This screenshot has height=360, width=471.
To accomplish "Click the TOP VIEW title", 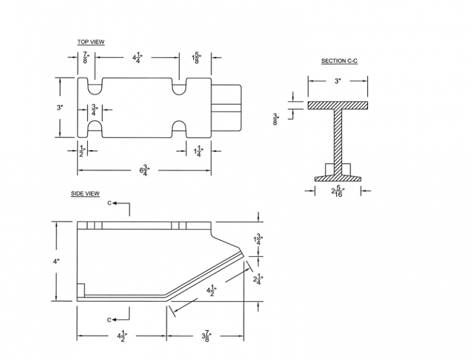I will [91, 42].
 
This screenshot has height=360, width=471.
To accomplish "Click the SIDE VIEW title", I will [85, 194].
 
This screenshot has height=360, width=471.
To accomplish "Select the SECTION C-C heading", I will [339, 61].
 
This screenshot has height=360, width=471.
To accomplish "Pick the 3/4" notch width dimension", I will [94, 110].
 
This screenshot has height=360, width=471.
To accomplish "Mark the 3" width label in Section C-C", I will [338, 81].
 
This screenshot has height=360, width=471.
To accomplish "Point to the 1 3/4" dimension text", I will [258, 240].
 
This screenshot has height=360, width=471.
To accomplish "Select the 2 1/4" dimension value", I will [258, 280].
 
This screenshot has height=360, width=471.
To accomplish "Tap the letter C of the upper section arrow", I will [109, 203].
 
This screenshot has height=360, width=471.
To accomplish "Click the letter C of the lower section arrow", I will [109, 320].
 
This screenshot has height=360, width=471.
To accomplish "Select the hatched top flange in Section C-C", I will [338, 105].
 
